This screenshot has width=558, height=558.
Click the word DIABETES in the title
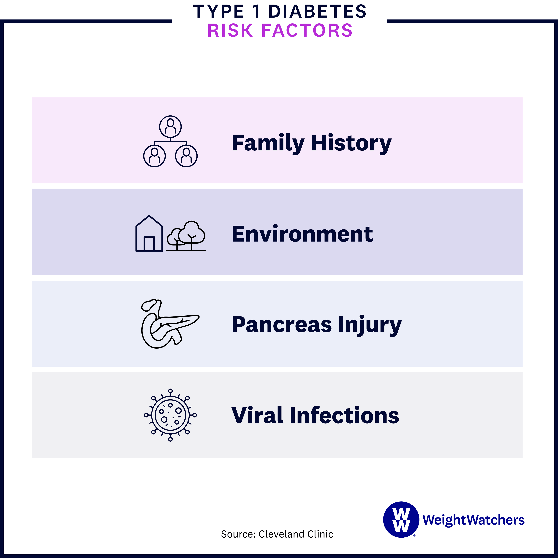pyautogui.click(x=317, y=12)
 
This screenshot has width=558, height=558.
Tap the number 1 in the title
pyautogui.click(x=256, y=12)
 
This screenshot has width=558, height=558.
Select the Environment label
pyautogui.click(x=302, y=234)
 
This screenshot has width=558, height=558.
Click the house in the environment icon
pyautogui.click(x=149, y=234)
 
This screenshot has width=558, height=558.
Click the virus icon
pyautogui.click(x=170, y=415)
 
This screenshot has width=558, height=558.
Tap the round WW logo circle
pyautogui.click(x=401, y=520)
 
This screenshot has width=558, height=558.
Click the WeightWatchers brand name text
pyautogui.click(x=473, y=520)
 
